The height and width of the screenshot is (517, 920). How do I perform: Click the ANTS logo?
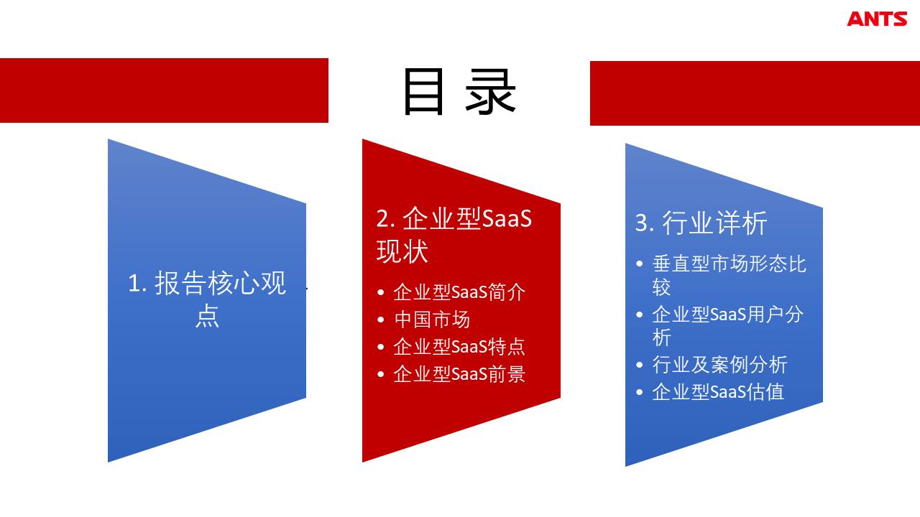click(x=877, y=19)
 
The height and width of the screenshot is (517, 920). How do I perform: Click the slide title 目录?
click(x=459, y=91)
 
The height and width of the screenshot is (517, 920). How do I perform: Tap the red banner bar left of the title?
click(x=164, y=90)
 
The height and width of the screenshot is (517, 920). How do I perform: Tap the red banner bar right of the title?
click(x=755, y=93)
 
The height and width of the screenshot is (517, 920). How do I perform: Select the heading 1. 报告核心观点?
click(x=207, y=299)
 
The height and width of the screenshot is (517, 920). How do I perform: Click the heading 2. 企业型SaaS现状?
click(x=454, y=235)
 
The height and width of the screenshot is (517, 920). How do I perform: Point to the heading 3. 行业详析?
click(x=701, y=223)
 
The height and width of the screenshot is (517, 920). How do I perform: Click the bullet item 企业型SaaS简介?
click(x=459, y=292)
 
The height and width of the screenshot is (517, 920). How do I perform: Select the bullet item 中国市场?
click(x=432, y=320)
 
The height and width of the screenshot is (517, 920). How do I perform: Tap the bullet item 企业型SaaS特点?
click(x=459, y=347)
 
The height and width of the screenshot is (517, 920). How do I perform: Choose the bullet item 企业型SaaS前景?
click(x=459, y=374)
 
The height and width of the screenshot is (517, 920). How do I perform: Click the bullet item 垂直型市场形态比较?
click(x=729, y=275)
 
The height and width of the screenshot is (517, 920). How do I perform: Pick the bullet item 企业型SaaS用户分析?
click(x=727, y=326)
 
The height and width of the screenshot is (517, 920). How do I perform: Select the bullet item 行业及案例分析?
click(x=719, y=365)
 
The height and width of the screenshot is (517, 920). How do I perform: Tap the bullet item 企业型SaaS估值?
click(x=718, y=392)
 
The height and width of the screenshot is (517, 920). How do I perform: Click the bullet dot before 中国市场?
click(x=381, y=320)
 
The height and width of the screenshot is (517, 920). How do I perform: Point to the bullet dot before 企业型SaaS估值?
click(x=639, y=392)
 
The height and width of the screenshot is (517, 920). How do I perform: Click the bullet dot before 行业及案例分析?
click(x=639, y=365)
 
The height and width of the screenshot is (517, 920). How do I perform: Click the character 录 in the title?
click(x=490, y=91)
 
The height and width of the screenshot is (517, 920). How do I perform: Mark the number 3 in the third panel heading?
click(x=642, y=223)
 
